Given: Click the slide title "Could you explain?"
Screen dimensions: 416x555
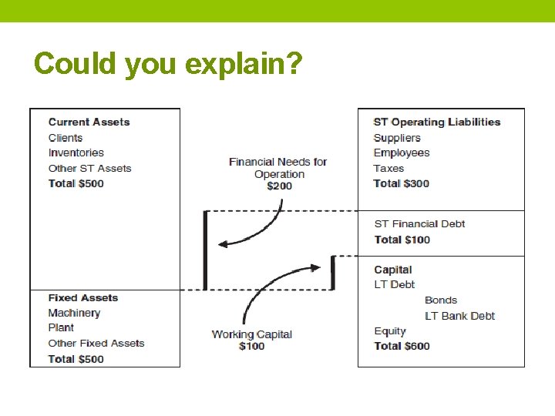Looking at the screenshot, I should [x=168, y=63].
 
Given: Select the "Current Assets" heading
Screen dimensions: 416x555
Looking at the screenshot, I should [x=89, y=122].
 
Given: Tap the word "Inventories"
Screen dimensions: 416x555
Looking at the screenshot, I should [x=76, y=153].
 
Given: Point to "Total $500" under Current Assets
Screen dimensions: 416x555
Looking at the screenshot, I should [x=76, y=183].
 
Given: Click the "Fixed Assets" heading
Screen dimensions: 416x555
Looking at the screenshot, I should [x=82, y=297].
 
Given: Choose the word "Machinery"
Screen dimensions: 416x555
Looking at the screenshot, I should [x=74, y=313].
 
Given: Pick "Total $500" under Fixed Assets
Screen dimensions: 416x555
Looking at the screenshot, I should [x=76, y=359].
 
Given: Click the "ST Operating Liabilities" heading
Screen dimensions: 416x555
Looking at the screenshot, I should [x=436, y=122].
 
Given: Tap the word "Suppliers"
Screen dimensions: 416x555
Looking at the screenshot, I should [x=397, y=138].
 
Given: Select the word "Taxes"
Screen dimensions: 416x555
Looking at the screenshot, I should [x=388, y=168].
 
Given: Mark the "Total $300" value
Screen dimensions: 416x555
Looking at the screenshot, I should [x=401, y=183].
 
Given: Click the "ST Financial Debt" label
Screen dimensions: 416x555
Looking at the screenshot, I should [x=419, y=224].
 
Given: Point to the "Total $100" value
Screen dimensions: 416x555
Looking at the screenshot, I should [x=402, y=240].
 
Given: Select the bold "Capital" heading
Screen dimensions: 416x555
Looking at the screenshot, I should [x=392, y=270].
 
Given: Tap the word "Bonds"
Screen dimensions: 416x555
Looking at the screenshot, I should [x=441, y=300].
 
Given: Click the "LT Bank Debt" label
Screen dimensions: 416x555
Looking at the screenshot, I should [x=459, y=316].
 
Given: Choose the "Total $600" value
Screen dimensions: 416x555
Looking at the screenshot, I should [x=402, y=346].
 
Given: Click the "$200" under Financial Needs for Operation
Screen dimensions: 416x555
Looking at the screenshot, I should [x=279, y=186].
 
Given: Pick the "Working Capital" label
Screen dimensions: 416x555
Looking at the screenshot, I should [x=251, y=334].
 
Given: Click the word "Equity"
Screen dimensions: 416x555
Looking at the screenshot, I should [x=390, y=331].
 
